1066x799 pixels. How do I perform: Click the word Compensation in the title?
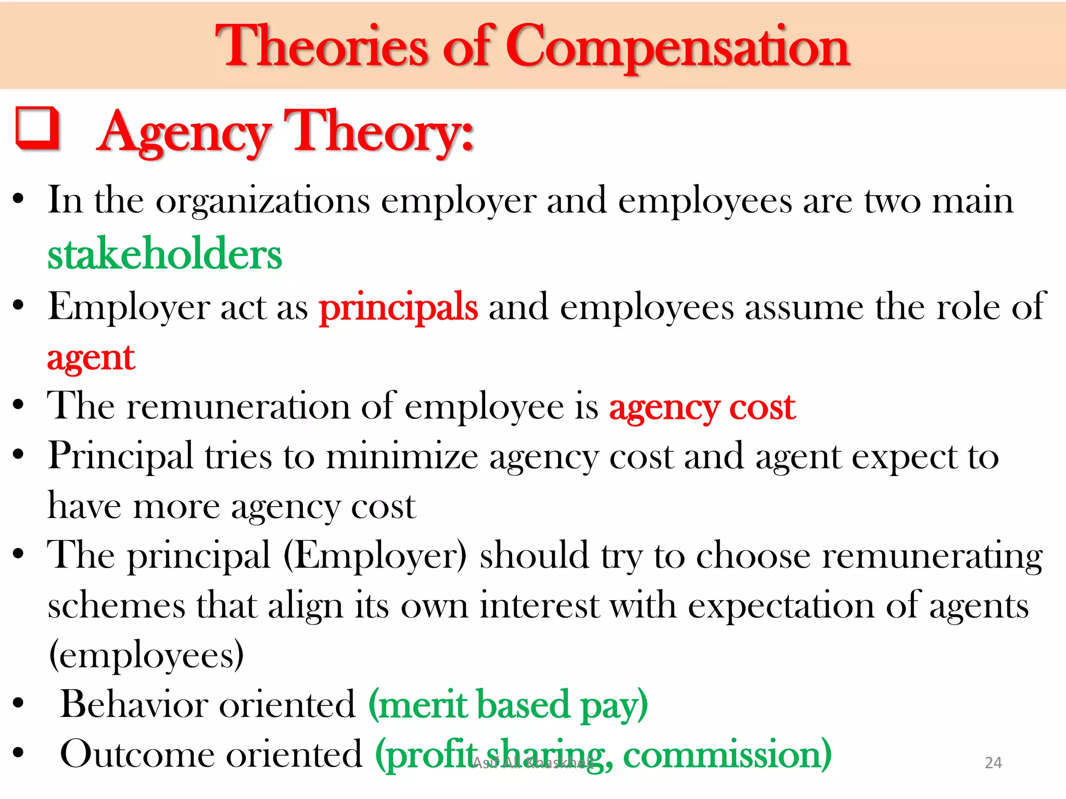click(678, 48)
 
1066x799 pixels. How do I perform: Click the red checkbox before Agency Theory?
click(37, 128)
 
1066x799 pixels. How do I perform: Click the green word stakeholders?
click(164, 254)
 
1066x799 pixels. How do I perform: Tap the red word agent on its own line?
click(91, 358)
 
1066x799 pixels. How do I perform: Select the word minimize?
click(402, 457)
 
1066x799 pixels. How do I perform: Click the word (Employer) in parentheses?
click(375, 556)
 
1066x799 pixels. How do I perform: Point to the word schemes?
click(116, 606)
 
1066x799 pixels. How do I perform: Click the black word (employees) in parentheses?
click(146, 655)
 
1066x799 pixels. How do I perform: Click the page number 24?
click(993, 763)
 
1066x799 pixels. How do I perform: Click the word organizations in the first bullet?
click(263, 201)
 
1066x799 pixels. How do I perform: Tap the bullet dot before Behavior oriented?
click(19, 703)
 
